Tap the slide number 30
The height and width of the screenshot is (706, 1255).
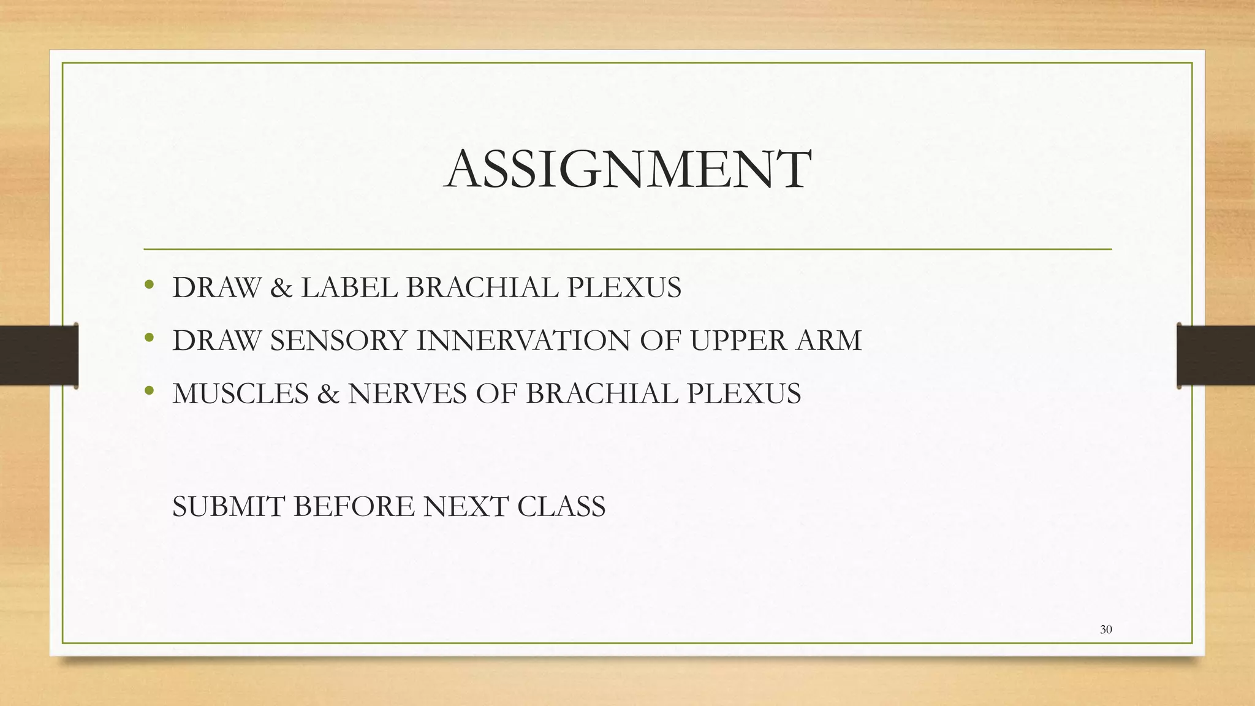pyautogui.click(x=1105, y=629)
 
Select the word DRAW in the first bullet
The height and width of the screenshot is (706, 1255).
pyautogui.click(x=216, y=287)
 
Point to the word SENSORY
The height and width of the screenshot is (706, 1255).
pyautogui.click(x=338, y=341)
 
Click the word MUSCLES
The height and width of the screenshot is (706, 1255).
pyautogui.click(x=240, y=393)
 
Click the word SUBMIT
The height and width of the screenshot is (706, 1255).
pyautogui.click(x=228, y=507)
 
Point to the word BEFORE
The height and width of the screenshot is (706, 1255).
pyautogui.click(x=354, y=507)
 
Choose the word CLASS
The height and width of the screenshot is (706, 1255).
pyautogui.click(x=561, y=507)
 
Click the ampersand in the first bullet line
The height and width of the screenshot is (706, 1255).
pyautogui.click(x=281, y=288)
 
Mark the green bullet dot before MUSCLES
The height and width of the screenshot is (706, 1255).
pyautogui.click(x=148, y=390)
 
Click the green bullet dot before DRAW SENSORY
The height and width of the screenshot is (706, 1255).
pyautogui.click(x=148, y=338)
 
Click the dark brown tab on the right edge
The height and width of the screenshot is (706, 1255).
pyautogui.click(x=1216, y=355)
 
